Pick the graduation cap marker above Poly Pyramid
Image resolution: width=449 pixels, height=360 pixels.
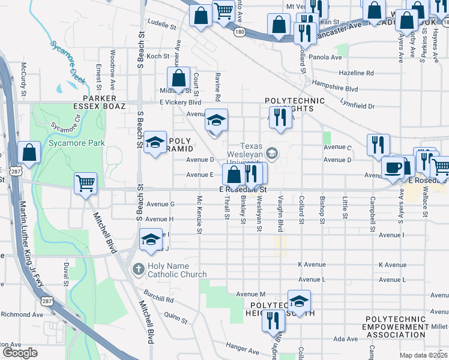[155, 142]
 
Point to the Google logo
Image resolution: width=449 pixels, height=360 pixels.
[20, 352]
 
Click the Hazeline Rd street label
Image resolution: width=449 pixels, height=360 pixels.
[356, 73]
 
